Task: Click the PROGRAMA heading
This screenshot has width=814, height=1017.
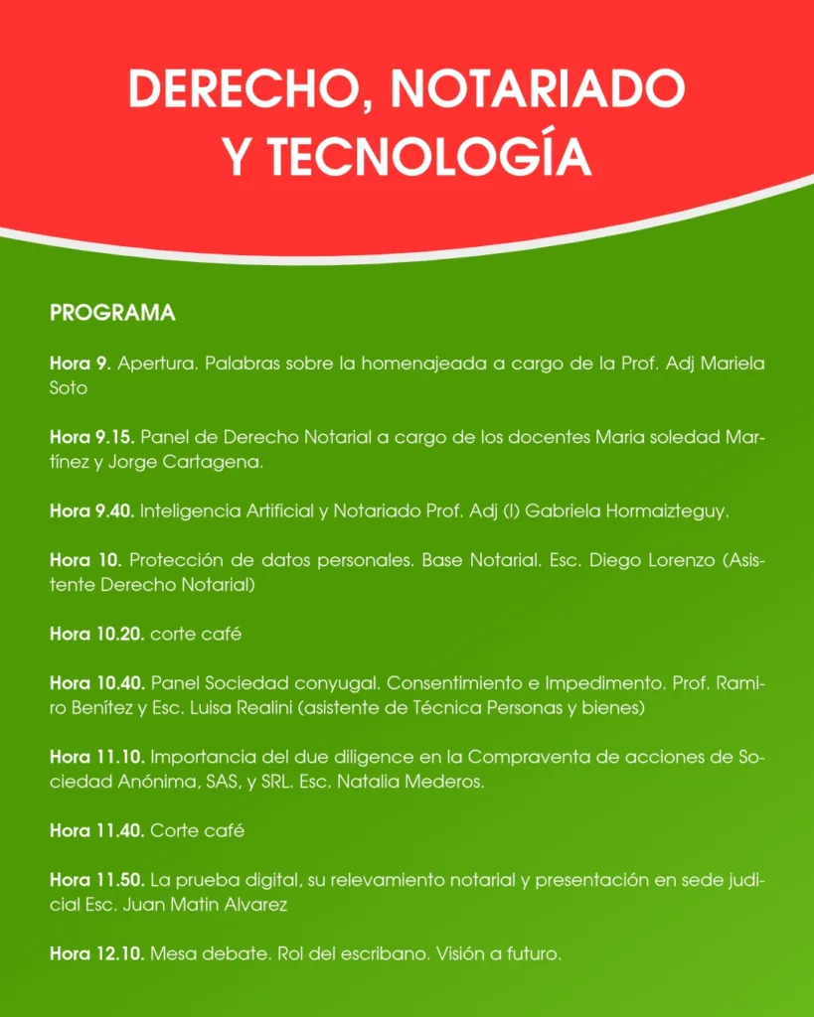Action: [112, 314]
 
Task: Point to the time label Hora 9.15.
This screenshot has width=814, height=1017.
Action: [92, 437]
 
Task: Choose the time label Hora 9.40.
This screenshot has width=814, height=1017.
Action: [92, 511]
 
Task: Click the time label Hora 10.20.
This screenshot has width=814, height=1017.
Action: [97, 634]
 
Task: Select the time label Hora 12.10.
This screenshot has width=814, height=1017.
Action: [97, 954]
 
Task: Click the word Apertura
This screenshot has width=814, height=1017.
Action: [157, 363]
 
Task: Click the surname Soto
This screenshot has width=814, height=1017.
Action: [69, 388]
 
